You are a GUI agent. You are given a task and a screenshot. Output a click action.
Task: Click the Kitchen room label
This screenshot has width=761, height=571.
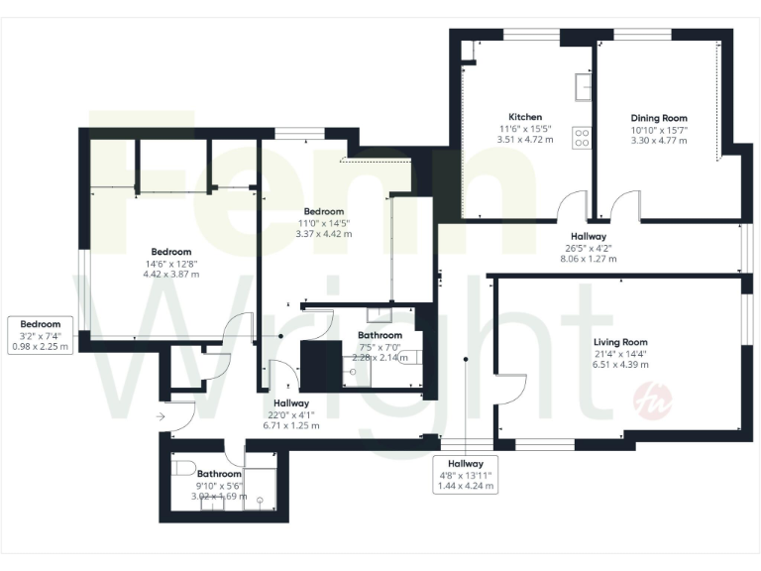coord(525,116)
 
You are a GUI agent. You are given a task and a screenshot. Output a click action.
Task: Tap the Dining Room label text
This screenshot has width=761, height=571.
coord(659,118)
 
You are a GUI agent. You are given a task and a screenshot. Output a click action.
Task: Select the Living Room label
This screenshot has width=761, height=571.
coord(621,342)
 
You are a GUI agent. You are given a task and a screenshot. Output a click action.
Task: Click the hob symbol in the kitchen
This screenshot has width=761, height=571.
coord(582,139)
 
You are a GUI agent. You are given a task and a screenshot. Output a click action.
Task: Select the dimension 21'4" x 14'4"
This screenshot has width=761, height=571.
coord(621,353)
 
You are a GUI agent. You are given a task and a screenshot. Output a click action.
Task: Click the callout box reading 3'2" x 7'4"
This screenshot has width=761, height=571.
coord(41,335)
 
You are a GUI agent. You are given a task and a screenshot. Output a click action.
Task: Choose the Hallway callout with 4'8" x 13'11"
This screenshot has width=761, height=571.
coord(465,475)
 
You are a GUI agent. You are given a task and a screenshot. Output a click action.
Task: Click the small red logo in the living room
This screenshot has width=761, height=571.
coord(665,401)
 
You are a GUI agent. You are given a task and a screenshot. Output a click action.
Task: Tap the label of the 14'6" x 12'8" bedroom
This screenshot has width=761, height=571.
coord(171,252)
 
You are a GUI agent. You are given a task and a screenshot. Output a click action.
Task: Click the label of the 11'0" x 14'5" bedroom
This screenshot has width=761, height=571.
coord(324,212)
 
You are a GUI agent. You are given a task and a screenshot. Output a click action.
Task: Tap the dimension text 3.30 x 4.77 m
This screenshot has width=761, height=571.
coord(659,141)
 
